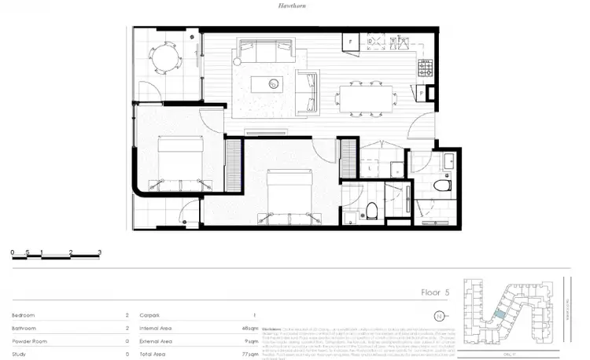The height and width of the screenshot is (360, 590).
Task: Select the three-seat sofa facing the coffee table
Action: pyautogui.click(x=261, y=53)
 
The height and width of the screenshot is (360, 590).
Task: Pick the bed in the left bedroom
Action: pyautogui.click(x=180, y=160)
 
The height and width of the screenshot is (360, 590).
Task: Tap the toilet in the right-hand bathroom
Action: pyautogui.click(x=444, y=186)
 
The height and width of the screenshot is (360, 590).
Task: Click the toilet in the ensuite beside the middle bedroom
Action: pyautogui.click(x=371, y=210)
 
